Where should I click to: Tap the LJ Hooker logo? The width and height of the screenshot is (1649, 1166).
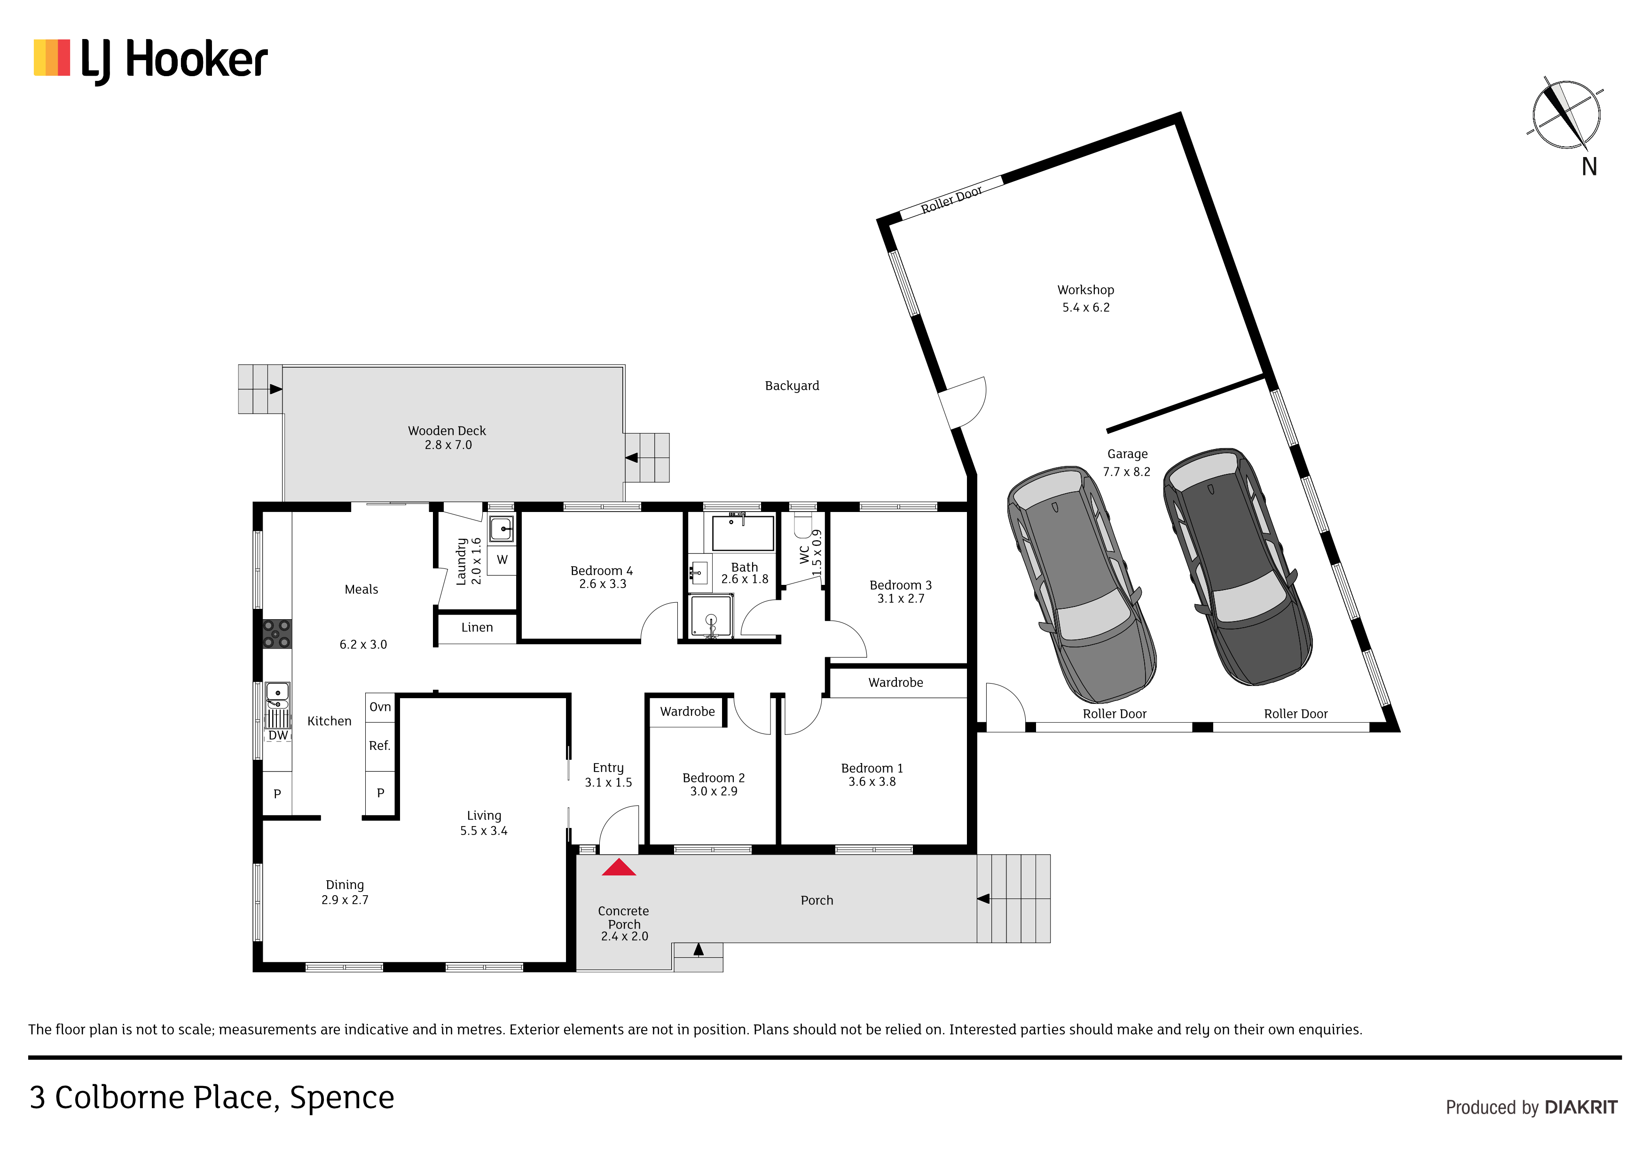pos(151,60)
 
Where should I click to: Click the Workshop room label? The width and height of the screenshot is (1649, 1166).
pos(1085,290)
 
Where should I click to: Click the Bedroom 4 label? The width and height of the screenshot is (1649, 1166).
pos(601,570)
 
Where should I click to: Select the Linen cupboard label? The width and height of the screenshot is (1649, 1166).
pos(477,627)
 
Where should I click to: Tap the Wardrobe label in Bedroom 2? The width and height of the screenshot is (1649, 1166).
pos(687,711)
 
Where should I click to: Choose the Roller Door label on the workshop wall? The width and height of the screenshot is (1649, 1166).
pos(951,199)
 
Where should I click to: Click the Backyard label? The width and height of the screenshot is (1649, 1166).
pos(792,386)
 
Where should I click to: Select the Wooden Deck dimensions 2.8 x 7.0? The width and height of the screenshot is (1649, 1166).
pos(448,445)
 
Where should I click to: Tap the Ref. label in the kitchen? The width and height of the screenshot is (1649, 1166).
pos(380,746)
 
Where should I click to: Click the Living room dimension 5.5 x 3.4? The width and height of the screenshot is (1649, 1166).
pos(483,830)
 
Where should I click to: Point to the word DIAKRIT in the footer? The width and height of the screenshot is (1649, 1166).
pos(1581,1107)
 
